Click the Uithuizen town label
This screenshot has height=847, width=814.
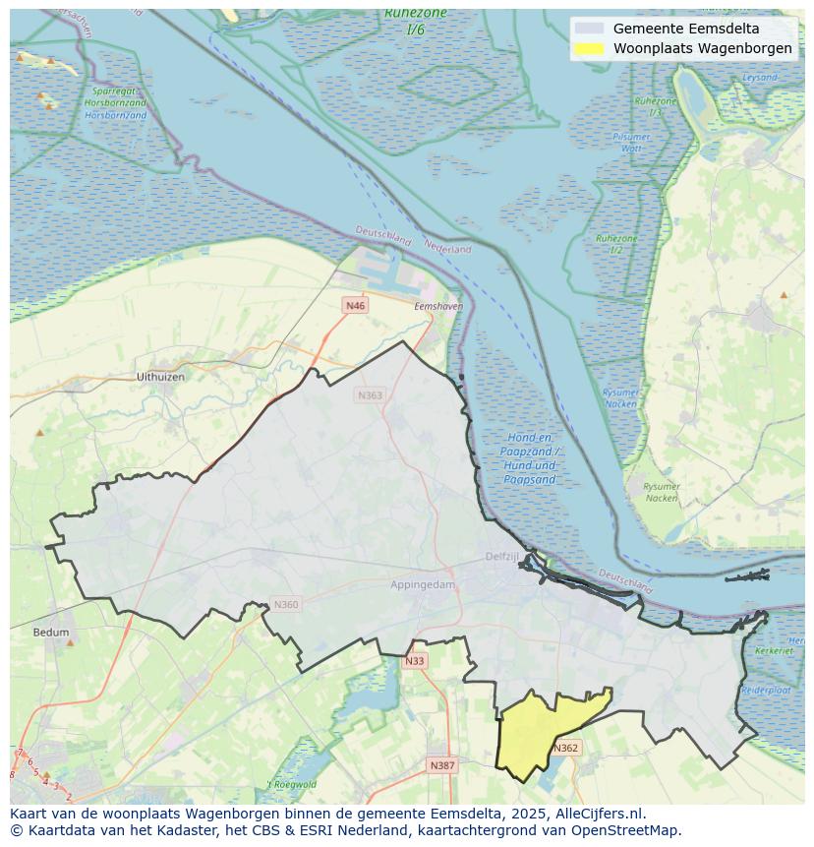(x=160, y=377)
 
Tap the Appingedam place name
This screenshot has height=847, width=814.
(x=423, y=584)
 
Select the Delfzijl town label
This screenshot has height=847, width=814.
(x=501, y=557)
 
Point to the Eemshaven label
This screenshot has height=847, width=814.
(x=438, y=307)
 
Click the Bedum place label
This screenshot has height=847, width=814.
(x=51, y=633)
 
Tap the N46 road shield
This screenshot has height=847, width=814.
(x=356, y=306)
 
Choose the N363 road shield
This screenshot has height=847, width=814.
(x=370, y=395)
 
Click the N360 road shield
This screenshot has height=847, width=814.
(x=285, y=605)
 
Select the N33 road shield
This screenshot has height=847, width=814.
(x=415, y=661)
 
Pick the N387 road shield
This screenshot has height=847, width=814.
(x=442, y=764)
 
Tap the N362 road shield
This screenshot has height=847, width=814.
(x=566, y=748)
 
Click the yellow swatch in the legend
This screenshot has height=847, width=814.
(x=589, y=48)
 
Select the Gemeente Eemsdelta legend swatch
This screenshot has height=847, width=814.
(x=589, y=29)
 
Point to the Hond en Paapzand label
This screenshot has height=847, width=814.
(x=530, y=457)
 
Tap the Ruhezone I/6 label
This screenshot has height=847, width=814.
(x=416, y=21)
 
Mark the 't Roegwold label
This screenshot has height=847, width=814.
(x=293, y=784)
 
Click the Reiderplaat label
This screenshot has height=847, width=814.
(x=766, y=691)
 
